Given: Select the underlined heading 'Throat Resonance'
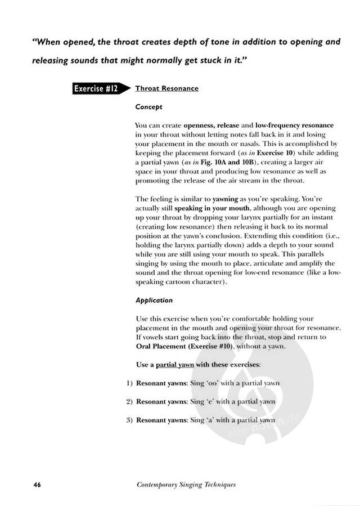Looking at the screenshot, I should pyautogui.click(x=166, y=88).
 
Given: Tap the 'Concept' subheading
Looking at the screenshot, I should pyautogui.click(x=148, y=106).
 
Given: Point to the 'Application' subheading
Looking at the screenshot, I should pyautogui.click(x=154, y=300).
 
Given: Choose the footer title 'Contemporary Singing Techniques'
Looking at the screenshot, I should pyautogui.click(x=185, y=484).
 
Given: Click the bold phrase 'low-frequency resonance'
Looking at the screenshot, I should pyautogui.click(x=294, y=125).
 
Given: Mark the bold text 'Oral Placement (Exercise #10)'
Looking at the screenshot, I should pyautogui.click(x=184, y=346).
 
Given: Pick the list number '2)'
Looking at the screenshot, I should pyautogui.click(x=129, y=401).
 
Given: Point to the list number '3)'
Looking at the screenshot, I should pyautogui.click(x=129, y=420).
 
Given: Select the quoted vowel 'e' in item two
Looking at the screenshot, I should pyautogui.click(x=210, y=401).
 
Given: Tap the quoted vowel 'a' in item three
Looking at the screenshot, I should pyautogui.click(x=210, y=420).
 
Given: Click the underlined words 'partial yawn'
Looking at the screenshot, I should pyautogui.click(x=174, y=364).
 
